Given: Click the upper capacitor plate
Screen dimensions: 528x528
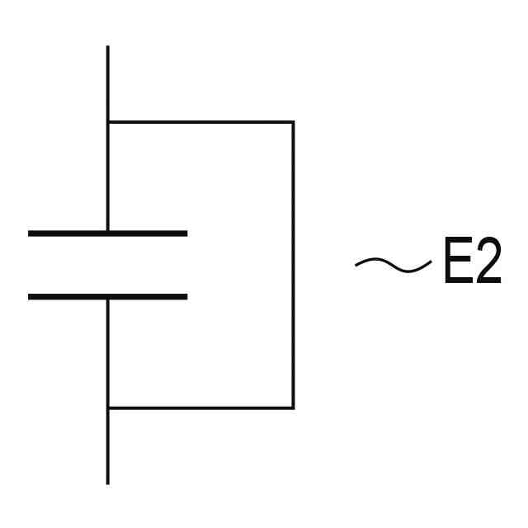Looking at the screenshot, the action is [107, 233].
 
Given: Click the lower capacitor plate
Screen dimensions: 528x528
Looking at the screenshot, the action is [107, 296].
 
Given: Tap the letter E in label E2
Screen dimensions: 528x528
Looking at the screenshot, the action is [457, 264].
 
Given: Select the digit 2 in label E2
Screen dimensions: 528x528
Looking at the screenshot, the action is [488, 264].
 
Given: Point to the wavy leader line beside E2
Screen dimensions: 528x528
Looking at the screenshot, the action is [393, 264].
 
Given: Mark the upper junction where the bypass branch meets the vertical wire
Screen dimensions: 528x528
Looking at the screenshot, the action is [108, 122].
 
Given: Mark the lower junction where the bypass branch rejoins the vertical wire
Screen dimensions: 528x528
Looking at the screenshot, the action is [108, 408].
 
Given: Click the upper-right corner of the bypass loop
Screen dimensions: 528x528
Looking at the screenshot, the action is [293, 122].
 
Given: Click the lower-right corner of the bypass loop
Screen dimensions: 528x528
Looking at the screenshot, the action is [293, 408].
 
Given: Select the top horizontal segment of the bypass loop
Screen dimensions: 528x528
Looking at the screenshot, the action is [200, 122].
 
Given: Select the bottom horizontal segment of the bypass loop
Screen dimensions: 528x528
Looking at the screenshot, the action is [200, 408].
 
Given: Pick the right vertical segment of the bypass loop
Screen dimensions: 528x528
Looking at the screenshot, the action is [293, 264].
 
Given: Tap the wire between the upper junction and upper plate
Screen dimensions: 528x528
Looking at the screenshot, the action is [108, 177].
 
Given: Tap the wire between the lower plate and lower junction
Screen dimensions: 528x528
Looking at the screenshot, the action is [108, 352].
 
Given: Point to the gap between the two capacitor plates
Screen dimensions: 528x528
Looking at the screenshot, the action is [107, 265].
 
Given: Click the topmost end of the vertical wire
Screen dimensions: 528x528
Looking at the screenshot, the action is [108, 48].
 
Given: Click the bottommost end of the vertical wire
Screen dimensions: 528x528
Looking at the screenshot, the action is [108, 482].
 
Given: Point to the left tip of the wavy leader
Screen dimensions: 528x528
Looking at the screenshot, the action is [356, 265].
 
